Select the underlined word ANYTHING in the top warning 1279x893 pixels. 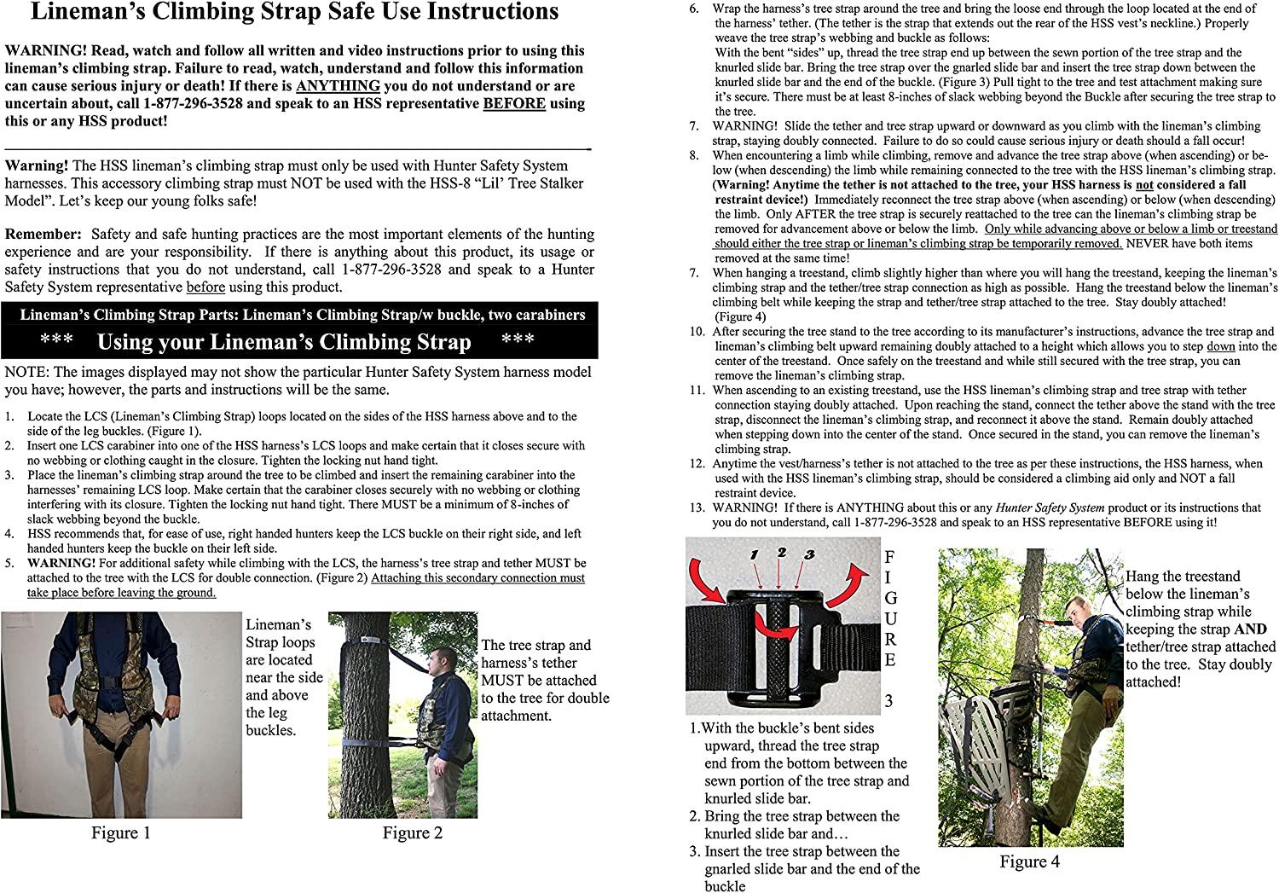[x=338, y=86]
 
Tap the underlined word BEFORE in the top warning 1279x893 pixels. [x=513, y=104]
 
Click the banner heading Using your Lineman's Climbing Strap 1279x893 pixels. [x=284, y=342]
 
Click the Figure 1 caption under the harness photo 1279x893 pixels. [x=121, y=833]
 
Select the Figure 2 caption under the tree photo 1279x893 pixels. [x=412, y=833]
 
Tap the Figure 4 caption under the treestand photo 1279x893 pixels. [x=1029, y=861]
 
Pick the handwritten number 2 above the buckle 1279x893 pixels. [x=781, y=553]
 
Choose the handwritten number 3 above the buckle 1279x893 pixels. [x=809, y=555]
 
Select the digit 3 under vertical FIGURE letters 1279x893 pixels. [x=888, y=701]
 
